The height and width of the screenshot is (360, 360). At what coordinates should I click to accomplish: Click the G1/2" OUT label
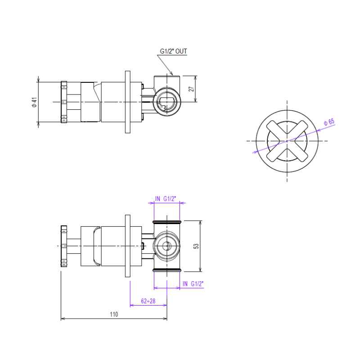point(173,51)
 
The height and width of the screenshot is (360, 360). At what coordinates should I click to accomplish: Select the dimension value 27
point(191,89)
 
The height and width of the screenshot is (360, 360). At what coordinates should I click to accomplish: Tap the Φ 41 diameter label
point(34,102)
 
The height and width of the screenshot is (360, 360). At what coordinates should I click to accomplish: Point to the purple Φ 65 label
point(329,122)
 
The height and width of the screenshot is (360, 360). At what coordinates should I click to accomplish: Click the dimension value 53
point(196,246)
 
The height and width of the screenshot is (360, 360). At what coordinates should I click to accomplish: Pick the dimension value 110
point(114,314)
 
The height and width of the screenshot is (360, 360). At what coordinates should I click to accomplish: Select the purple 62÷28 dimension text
point(148,301)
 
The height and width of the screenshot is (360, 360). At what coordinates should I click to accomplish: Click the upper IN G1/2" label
point(166,198)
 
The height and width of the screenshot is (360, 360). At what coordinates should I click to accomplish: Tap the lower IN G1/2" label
point(193,284)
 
